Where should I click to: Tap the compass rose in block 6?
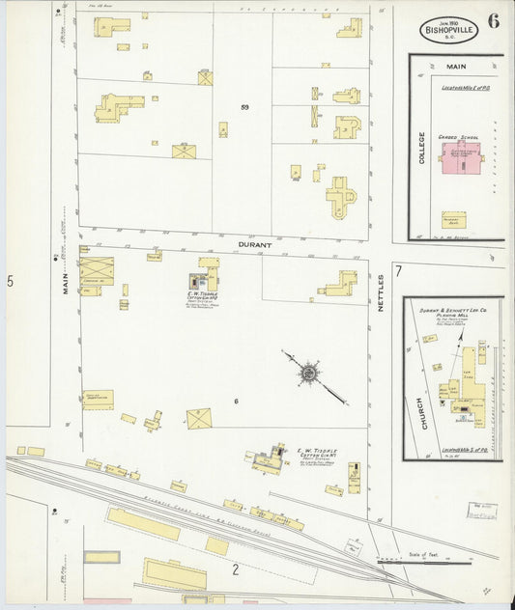(309, 373)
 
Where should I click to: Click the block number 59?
(244, 107)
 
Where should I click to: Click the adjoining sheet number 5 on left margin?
(10, 281)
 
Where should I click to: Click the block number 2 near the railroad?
(234, 569)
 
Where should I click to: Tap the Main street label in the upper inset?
(455, 67)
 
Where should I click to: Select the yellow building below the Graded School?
(453, 220)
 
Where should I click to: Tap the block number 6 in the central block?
(235, 401)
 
